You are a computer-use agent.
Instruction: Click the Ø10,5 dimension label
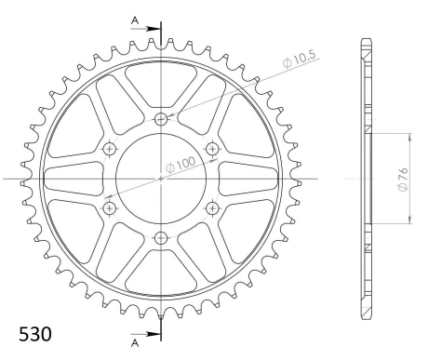pos(300,59)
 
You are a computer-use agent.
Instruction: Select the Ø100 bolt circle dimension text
pos(181,165)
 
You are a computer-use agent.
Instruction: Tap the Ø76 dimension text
pos(403,180)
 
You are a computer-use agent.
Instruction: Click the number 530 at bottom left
pos(35,334)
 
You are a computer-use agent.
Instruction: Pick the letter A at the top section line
pos(135,20)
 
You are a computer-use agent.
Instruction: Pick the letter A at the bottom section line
pos(135,342)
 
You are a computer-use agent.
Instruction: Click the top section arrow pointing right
pos(145,29)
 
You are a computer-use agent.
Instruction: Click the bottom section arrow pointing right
pos(145,334)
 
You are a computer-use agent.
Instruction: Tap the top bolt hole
pos(161,118)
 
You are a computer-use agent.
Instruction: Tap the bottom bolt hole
pos(161,238)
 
